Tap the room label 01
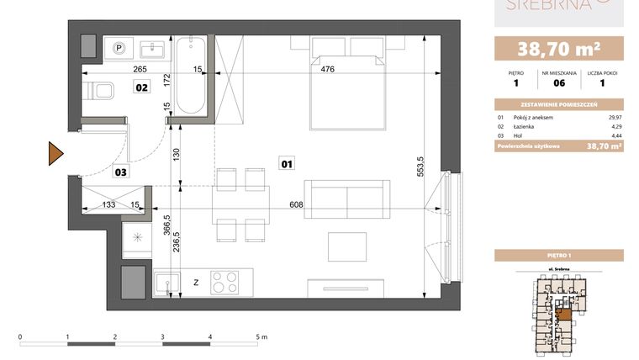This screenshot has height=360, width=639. (x=286, y=165)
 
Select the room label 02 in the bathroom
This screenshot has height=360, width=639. (x=143, y=87)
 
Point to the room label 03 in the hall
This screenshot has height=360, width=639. (x=121, y=172)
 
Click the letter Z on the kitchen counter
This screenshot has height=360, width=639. (x=196, y=283)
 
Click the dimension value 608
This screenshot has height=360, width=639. (x=295, y=204)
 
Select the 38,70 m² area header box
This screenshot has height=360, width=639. (x=558, y=48)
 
